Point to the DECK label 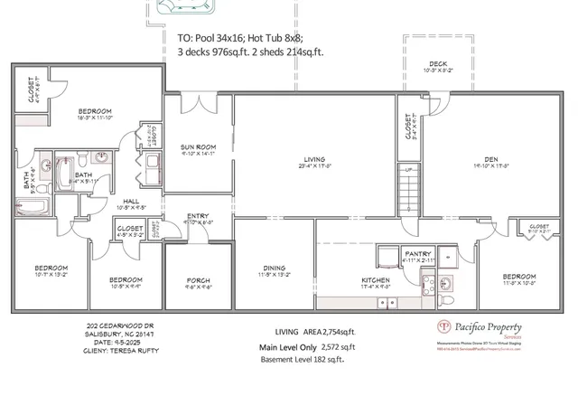pos(438,64)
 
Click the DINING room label pos(274,268)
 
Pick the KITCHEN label pos(375,281)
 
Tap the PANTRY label pos(417,254)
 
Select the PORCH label pos(198,280)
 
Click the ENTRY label pos(198,215)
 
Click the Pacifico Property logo pos(444,327)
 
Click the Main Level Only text pos(289,346)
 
